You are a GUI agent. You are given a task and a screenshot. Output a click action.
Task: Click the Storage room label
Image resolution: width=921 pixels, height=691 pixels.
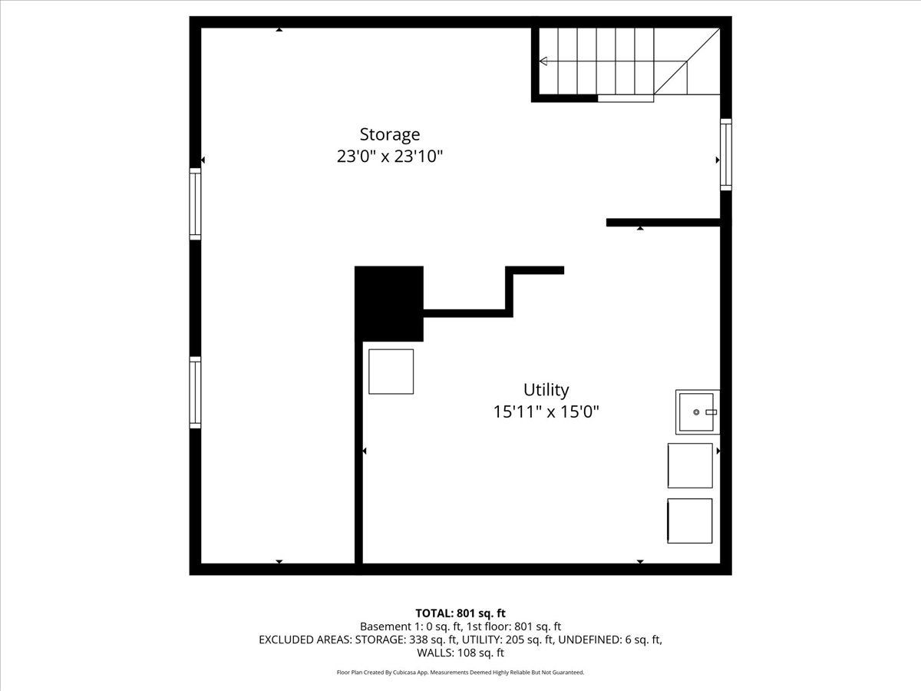coord(390,134)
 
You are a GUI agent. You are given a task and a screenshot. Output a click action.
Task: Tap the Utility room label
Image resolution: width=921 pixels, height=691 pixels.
coord(546,390)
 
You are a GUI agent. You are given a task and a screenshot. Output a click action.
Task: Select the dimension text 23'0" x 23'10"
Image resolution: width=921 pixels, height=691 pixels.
coord(390,157)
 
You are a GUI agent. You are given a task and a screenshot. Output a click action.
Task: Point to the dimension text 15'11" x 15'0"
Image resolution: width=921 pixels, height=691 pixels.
coord(546,412)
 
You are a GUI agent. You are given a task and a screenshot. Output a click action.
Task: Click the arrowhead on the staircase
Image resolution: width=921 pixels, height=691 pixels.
coord(543,61)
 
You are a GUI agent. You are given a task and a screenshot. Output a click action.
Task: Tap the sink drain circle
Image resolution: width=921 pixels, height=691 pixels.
coord(696,412)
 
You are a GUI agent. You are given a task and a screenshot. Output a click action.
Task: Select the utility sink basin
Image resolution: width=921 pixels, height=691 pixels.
coord(698,412)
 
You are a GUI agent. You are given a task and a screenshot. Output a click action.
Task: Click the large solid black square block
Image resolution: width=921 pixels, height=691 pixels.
coord(389,304)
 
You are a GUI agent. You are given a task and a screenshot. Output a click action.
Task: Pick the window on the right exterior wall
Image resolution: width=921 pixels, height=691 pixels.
coord(726,154)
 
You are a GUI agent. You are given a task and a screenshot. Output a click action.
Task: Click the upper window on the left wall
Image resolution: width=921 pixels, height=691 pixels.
coord(195,204)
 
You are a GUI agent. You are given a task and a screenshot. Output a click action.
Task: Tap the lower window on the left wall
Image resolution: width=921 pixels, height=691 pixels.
coord(195,392)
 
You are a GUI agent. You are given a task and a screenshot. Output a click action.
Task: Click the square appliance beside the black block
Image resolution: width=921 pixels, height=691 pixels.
coord(391,372)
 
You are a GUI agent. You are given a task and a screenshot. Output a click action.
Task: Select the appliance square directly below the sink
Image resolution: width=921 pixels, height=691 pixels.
coord(690,466)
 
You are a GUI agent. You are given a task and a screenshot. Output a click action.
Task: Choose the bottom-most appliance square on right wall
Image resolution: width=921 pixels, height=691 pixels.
coord(690,521)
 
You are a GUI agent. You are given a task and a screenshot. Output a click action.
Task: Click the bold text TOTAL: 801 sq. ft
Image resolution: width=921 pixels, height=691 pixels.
coord(460,613)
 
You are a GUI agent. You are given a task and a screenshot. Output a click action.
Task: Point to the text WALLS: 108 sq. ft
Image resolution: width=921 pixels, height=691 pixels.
coord(460,653)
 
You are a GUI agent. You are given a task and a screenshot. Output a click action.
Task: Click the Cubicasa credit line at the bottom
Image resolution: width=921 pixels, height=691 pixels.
coord(460,673)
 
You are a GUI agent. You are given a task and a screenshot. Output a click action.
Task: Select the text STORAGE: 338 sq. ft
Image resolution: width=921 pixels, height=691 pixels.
coord(406,640)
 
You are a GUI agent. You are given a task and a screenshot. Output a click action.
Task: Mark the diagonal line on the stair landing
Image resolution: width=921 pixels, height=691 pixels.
coord(687,61)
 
